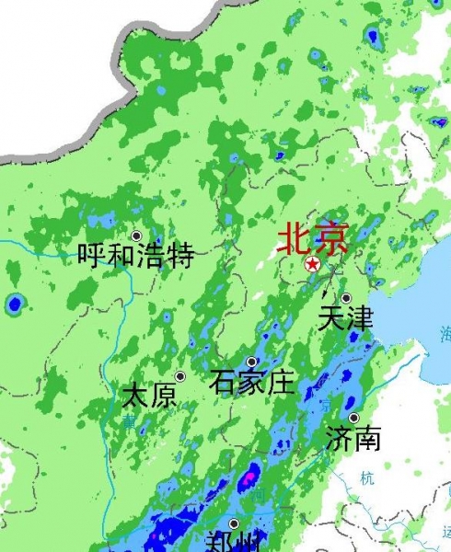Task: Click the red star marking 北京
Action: point(312,265)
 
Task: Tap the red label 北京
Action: point(313,240)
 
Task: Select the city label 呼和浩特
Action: point(135,255)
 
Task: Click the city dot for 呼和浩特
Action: point(136,236)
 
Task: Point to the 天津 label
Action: point(345,318)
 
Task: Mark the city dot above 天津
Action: point(346,298)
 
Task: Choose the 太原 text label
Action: point(149,397)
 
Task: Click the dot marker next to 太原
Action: point(180,376)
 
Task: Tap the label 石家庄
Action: point(251,381)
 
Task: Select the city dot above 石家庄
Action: point(251,362)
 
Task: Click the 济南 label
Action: point(353,438)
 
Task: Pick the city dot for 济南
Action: point(353,418)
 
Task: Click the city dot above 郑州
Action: point(234,523)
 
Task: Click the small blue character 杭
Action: point(368,477)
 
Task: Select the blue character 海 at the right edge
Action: point(445,333)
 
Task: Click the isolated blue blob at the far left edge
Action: point(14,303)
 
